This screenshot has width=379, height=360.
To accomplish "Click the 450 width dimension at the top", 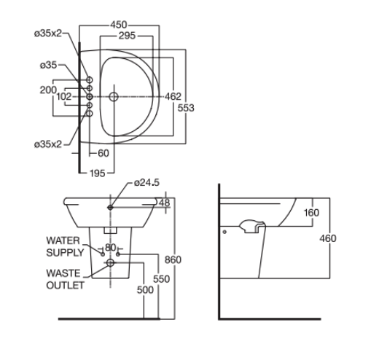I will coord(119,24).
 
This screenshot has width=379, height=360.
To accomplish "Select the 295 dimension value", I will coord(128,36).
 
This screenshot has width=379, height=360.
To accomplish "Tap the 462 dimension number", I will coord(173,96).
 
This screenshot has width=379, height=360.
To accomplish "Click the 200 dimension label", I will coord(48,90).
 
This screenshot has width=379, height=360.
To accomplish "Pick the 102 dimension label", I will coord(64,96).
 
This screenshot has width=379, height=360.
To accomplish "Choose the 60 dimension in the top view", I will coord(102,153).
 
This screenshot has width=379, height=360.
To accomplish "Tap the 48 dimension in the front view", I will coord(164,203).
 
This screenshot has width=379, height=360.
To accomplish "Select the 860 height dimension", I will coord(173,259).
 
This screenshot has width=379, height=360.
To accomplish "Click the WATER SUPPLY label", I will coord(65,246).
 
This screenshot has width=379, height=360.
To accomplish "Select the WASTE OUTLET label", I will coord(65,278).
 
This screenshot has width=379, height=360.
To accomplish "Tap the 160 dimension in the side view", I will coord(312,213).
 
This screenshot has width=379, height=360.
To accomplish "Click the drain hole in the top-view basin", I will coord(113,96).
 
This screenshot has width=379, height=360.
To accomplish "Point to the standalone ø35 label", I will coord(48,65).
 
